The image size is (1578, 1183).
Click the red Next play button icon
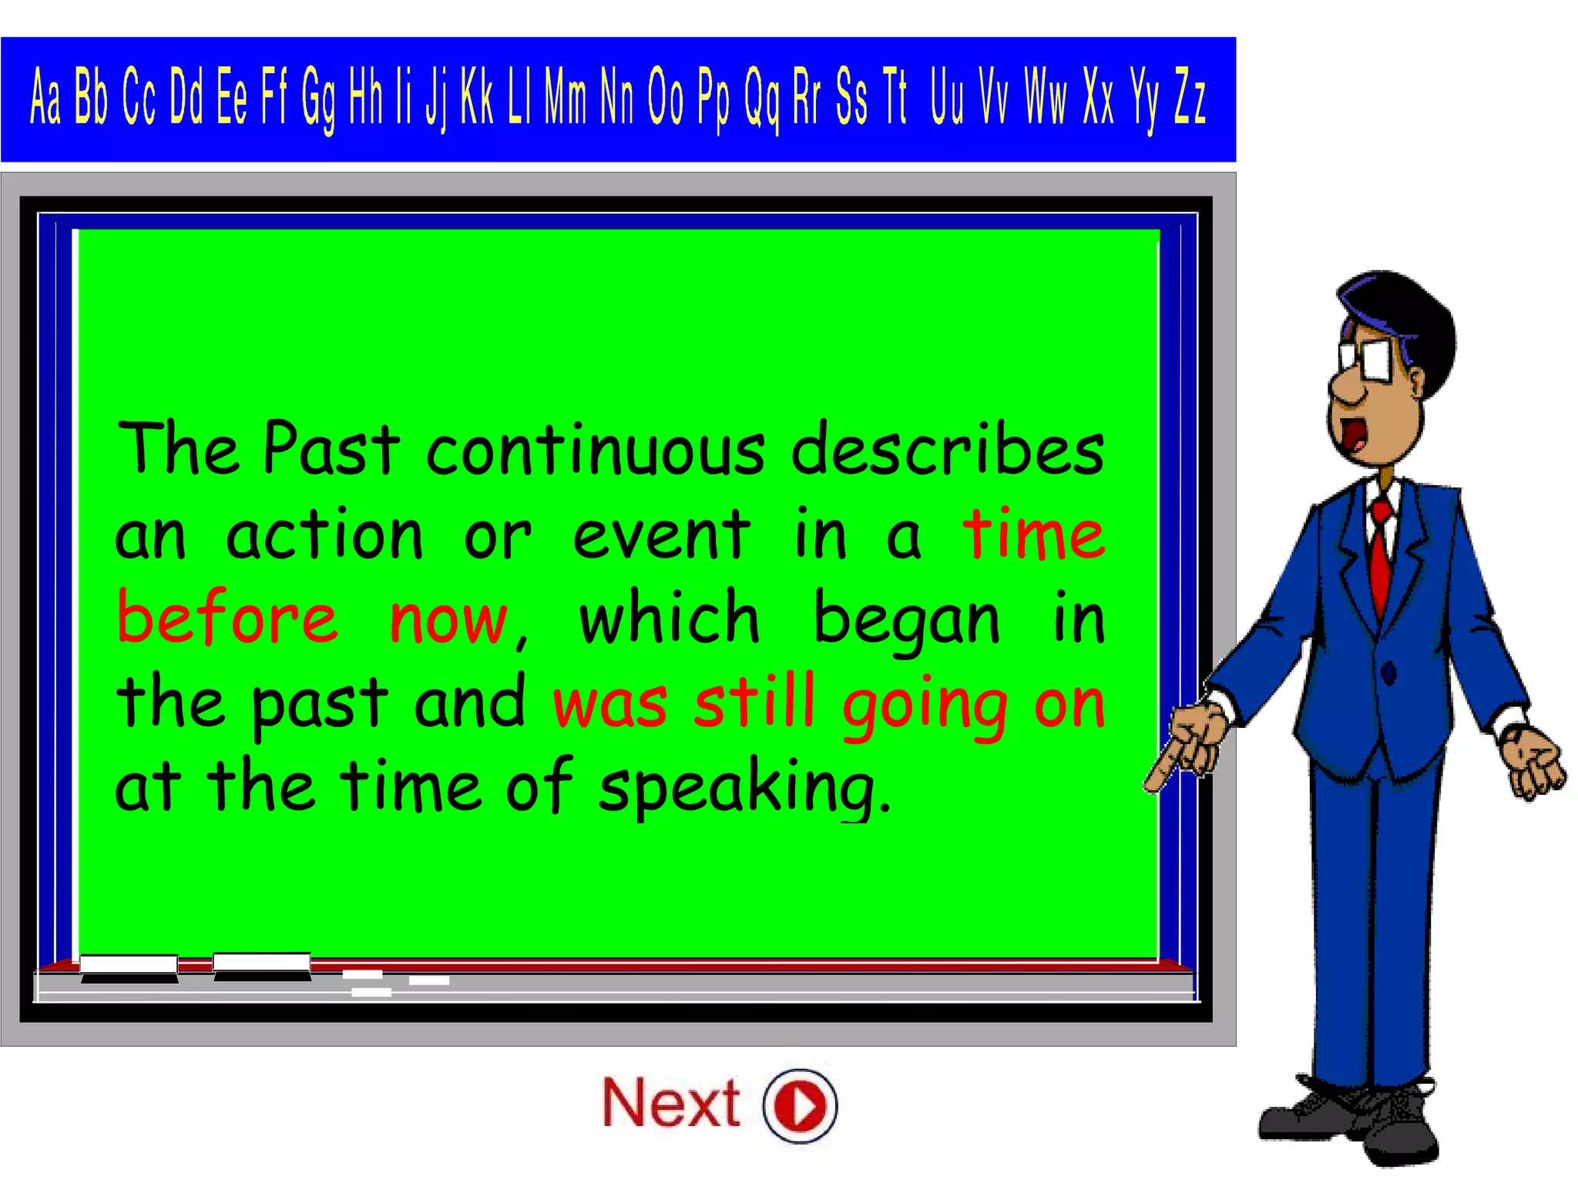tap(800, 1105)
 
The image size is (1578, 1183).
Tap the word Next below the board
tap(670, 1104)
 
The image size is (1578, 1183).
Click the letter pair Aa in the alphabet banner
tap(45, 97)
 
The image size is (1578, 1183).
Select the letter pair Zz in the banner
tap(1189, 97)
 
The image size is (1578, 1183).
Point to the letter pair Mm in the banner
tap(566, 97)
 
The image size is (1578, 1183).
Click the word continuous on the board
tap(596, 450)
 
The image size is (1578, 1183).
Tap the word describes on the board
tap(948, 450)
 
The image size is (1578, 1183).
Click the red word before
tap(227, 618)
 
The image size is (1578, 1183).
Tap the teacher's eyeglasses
tap(1368, 359)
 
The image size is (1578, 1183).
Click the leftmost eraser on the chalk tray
tap(129, 967)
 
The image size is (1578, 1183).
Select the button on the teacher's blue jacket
tap(1388, 673)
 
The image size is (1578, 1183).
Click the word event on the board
tap(661, 535)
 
